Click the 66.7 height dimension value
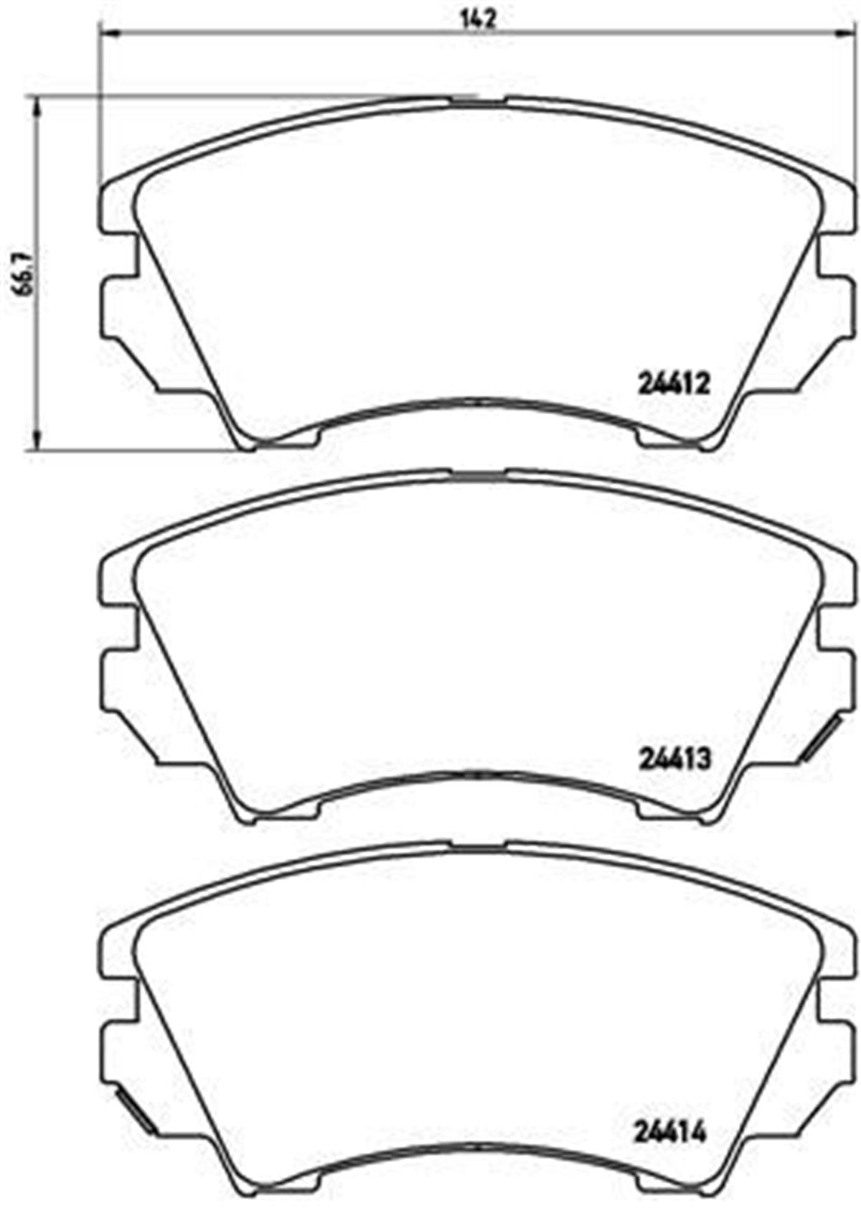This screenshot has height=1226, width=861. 25,274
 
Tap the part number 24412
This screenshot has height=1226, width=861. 673,384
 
